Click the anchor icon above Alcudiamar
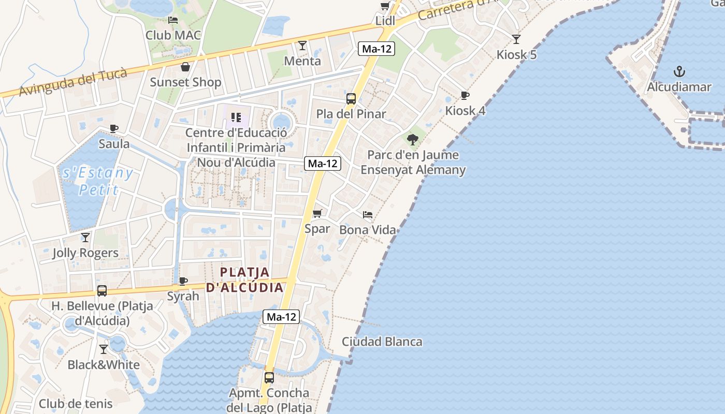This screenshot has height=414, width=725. [679, 71]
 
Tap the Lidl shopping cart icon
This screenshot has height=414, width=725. [385, 6]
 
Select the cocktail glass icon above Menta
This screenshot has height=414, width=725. [302, 46]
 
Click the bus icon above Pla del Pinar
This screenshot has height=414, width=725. [351, 99]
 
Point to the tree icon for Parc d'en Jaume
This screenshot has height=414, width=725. [413, 139]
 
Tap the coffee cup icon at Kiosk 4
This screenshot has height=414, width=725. [465, 95]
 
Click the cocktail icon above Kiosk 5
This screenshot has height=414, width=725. [516, 39]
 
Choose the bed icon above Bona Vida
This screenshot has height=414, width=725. [368, 214]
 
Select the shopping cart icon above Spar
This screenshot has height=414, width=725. [317, 213]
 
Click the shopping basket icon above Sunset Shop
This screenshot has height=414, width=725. [185, 67]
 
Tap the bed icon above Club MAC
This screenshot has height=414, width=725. [173, 20]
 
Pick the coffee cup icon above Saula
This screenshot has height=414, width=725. [114, 128]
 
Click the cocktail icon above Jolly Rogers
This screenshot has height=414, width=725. [85, 238]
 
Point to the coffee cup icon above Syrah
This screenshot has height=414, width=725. [183, 281]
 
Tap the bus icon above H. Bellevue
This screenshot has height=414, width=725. [102, 291]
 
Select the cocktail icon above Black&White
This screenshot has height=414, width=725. [104, 349]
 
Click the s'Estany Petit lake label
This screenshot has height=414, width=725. [98, 181]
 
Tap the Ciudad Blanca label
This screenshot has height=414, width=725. [382, 342]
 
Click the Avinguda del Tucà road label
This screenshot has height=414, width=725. [73, 82]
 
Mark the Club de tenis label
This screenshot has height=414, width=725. [76, 404]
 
